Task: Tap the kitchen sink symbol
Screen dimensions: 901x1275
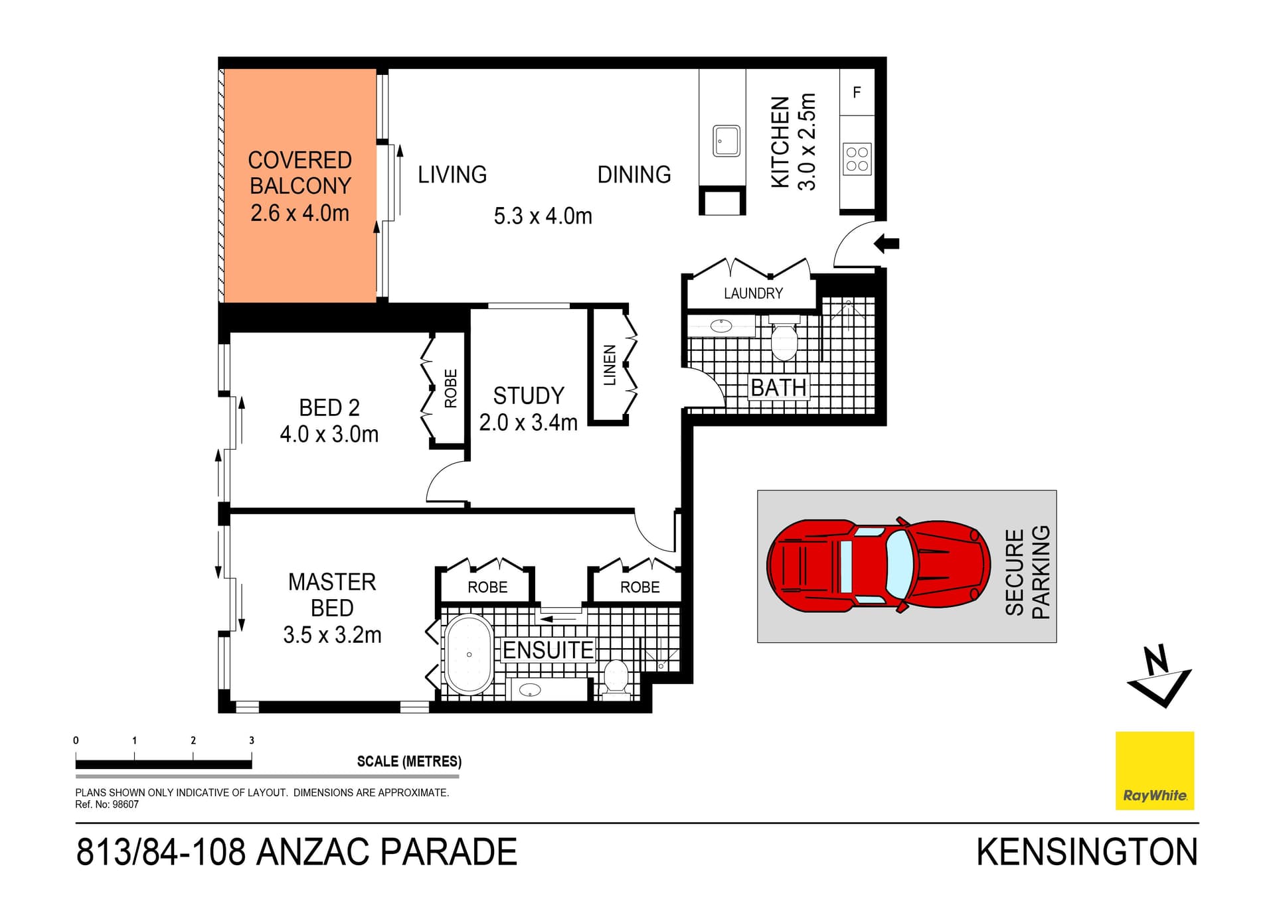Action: tap(726, 141)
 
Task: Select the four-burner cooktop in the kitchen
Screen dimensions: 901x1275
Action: tap(857, 159)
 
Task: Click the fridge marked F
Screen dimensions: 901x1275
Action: tap(857, 93)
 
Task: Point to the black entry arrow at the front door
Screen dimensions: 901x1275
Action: tap(887, 243)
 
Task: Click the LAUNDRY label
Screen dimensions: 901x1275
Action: tap(753, 293)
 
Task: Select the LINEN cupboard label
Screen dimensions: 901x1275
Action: tap(610, 366)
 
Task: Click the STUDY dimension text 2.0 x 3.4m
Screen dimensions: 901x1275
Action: tap(528, 423)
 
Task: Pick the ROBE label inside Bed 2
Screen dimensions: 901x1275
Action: tap(451, 389)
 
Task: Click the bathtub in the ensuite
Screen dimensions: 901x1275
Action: tap(469, 655)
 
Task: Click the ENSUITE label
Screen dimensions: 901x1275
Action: tap(548, 650)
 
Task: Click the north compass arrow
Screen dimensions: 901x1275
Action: tap(1159, 677)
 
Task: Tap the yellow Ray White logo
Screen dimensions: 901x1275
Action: tap(1154, 770)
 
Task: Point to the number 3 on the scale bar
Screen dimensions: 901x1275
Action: tap(252, 740)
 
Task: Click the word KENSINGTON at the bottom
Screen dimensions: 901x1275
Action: tap(1086, 853)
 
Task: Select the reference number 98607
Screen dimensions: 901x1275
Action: tap(126, 805)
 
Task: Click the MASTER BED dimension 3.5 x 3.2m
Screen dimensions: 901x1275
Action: tap(332, 635)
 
